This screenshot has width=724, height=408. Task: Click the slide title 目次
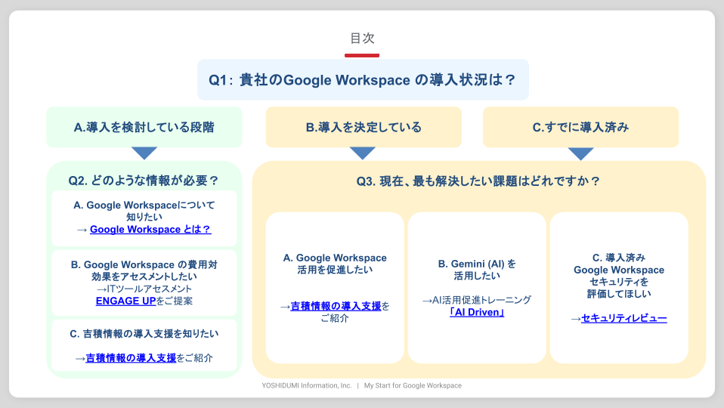tap(362, 38)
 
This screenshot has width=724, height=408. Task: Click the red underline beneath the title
tap(362, 55)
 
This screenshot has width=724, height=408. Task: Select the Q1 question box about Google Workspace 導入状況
tap(363, 80)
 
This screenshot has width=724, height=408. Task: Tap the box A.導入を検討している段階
tap(144, 127)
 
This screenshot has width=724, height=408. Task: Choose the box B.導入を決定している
tap(364, 127)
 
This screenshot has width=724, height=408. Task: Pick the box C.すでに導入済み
tap(580, 127)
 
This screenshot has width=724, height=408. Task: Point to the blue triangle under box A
tap(144, 153)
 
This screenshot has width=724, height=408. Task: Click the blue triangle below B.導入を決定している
tap(363, 153)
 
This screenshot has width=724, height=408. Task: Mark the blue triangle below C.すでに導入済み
tap(580, 153)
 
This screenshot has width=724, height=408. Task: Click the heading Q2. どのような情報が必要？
tap(144, 181)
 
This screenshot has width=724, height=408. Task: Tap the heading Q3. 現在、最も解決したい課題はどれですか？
tap(478, 181)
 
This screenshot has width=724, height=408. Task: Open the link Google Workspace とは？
tap(150, 230)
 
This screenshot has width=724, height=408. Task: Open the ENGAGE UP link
tap(125, 301)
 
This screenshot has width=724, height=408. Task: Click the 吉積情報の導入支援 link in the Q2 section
tap(131, 358)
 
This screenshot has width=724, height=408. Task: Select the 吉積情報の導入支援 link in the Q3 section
tap(336, 306)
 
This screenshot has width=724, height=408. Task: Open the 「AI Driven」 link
tap(477, 312)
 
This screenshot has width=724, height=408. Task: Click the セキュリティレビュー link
tap(623, 318)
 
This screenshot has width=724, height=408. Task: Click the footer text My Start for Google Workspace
tap(413, 385)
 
